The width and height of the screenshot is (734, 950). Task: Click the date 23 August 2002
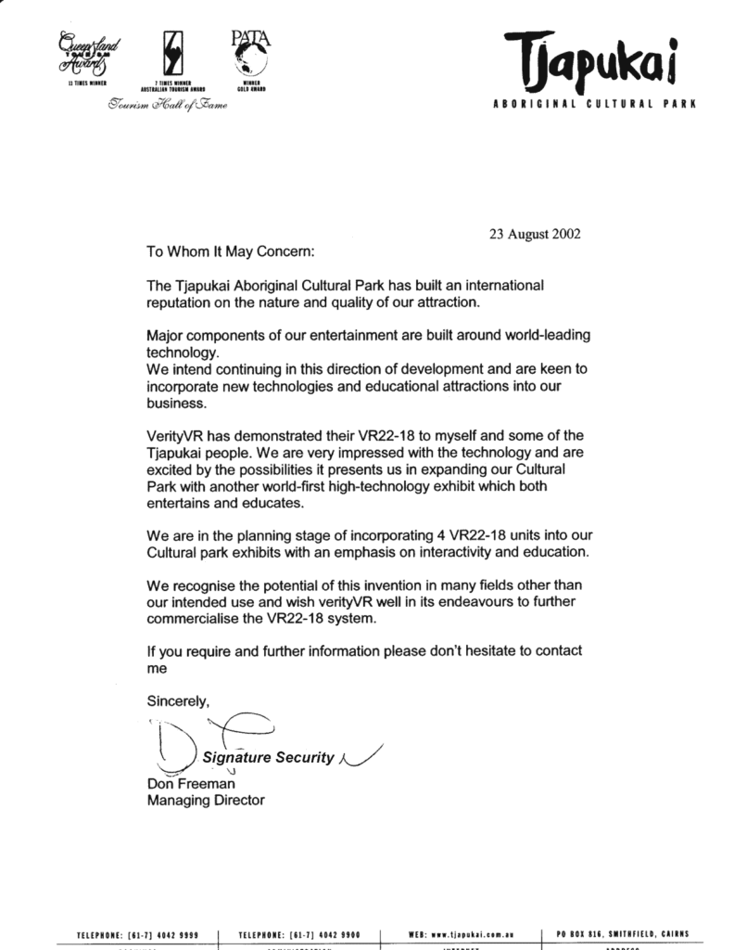click(535, 234)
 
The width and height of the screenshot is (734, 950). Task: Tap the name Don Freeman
click(191, 783)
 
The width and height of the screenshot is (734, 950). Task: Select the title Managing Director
click(206, 800)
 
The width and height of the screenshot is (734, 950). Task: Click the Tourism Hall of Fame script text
click(167, 106)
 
